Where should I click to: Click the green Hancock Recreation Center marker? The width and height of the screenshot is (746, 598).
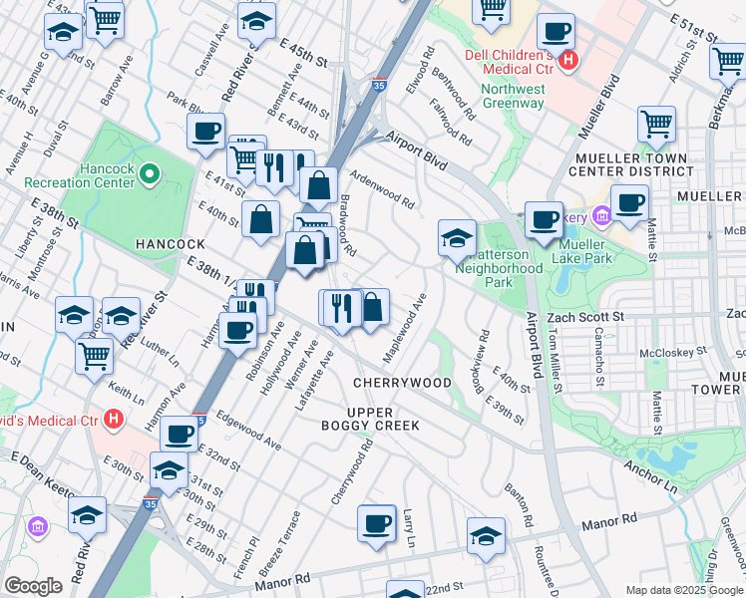click(x=150, y=176)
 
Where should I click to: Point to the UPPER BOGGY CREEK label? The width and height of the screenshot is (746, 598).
click(x=382, y=419)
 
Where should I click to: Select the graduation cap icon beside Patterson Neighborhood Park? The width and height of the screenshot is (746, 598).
click(x=457, y=237)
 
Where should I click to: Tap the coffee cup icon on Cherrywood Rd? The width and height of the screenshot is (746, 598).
click(x=376, y=523)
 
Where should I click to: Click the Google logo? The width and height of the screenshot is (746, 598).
click(x=34, y=586)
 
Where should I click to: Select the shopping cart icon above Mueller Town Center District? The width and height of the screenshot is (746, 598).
click(x=656, y=124)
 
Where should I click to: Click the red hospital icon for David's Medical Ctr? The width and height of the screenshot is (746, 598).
click(x=115, y=420)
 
